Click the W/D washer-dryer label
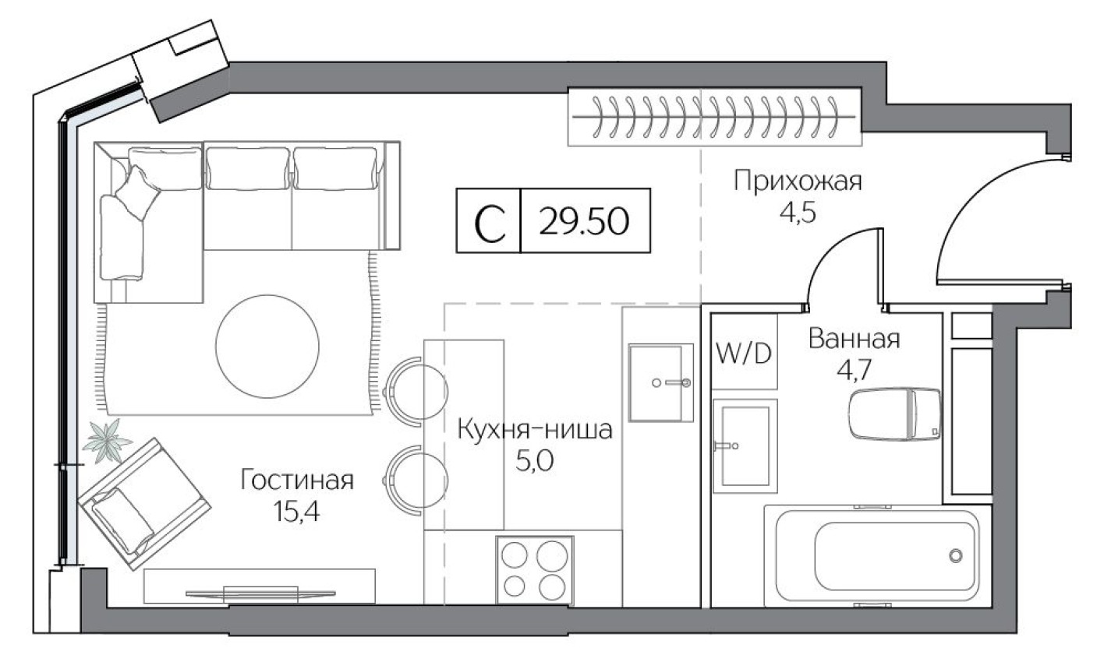coord(743,354)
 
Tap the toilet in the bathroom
coord(896,414)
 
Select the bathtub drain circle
coord(956,555)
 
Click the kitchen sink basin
coord(661,382)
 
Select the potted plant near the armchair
coord(108,441)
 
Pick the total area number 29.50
coord(584,222)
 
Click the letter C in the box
coord(489,223)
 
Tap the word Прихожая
coord(797,183)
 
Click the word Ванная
coord(855,340)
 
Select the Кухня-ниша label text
coord(535,431)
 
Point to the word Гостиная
coord(297,481)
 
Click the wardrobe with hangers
coord(713,117)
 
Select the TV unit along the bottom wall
coord(260,586)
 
